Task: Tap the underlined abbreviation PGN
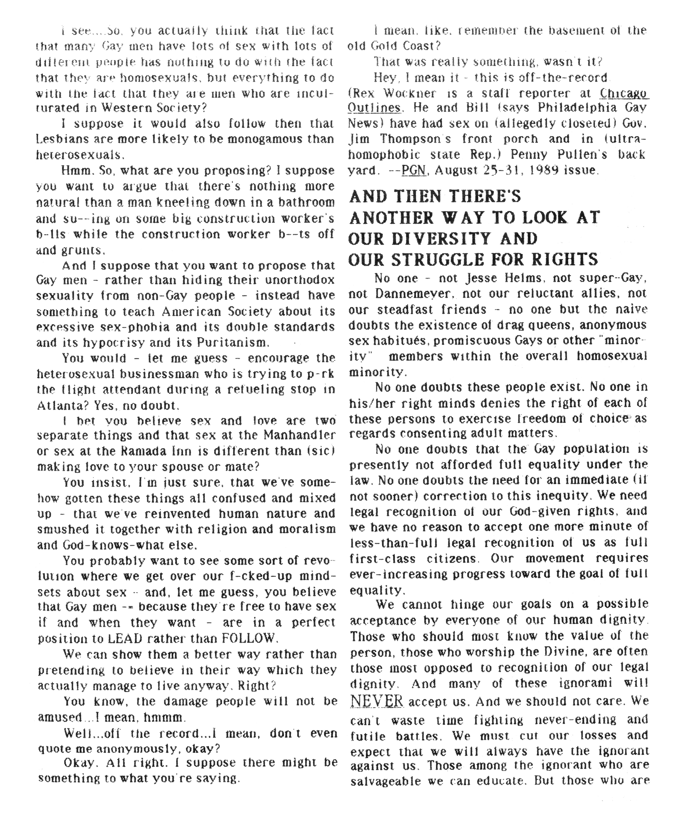tap(413, 170)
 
